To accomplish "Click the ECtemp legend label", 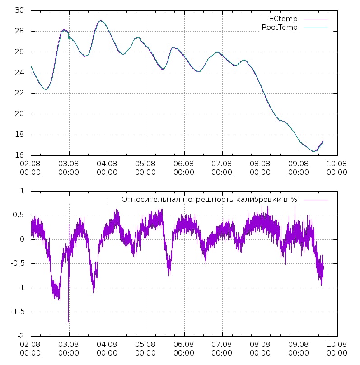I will click(283, 19).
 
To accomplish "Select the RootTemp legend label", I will click(280, 28).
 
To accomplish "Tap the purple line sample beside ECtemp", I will click(315, 19).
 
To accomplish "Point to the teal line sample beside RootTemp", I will click(315, 28).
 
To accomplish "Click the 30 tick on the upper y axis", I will click(19, 10).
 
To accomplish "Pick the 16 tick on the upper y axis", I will click(19, 155).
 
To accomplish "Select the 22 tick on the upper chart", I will click(19, 93).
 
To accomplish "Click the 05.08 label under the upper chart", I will click(145, 168).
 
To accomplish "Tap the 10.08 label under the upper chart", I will click(337, 168).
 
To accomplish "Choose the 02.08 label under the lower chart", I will click(31, 349).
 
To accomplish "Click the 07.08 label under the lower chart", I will click(222, 349).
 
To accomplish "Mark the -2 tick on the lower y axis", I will click(21, 336).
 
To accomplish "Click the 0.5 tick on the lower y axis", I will click(19, 215).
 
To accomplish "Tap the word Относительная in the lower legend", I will click(145, 199).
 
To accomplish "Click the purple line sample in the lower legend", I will click(315, 199).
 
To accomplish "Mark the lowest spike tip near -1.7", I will click(69, 321).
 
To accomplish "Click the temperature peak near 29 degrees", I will click(100, 20).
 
